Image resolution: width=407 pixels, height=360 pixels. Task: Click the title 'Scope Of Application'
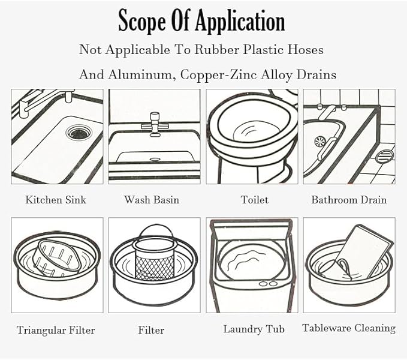(x=201, y=21)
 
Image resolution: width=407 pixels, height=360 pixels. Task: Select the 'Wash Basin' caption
(x=152, y=200)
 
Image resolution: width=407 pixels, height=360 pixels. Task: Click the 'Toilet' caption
(x=254, y=200)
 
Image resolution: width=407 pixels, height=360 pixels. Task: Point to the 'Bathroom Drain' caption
(x=349, y=200)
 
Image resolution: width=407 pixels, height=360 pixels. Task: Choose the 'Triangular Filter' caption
(x=56, y=330)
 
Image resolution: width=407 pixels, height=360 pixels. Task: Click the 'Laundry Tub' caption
(x=254, y=329)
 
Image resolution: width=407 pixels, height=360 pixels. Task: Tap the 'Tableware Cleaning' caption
(x=349, y=328)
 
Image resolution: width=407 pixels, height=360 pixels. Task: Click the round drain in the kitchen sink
(x=79, y=132)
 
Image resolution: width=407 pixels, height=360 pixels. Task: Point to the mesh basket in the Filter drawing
(x=155, y=264)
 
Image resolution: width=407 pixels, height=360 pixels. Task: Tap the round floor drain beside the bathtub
(x=384, y=157)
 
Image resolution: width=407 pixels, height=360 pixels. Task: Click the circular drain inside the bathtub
(x=319, y=142)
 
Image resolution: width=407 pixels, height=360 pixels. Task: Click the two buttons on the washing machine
(x=269, y=283)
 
